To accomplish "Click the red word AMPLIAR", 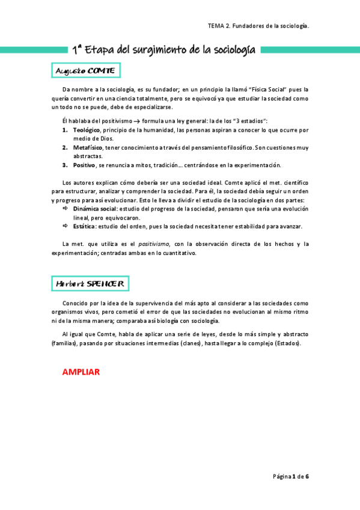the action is pos(81,372).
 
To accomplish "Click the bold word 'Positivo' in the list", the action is pos(84,165).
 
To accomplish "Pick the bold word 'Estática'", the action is pos(84,226).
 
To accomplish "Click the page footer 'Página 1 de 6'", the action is pos(291,476).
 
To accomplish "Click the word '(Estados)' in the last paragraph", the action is pos(287,343).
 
